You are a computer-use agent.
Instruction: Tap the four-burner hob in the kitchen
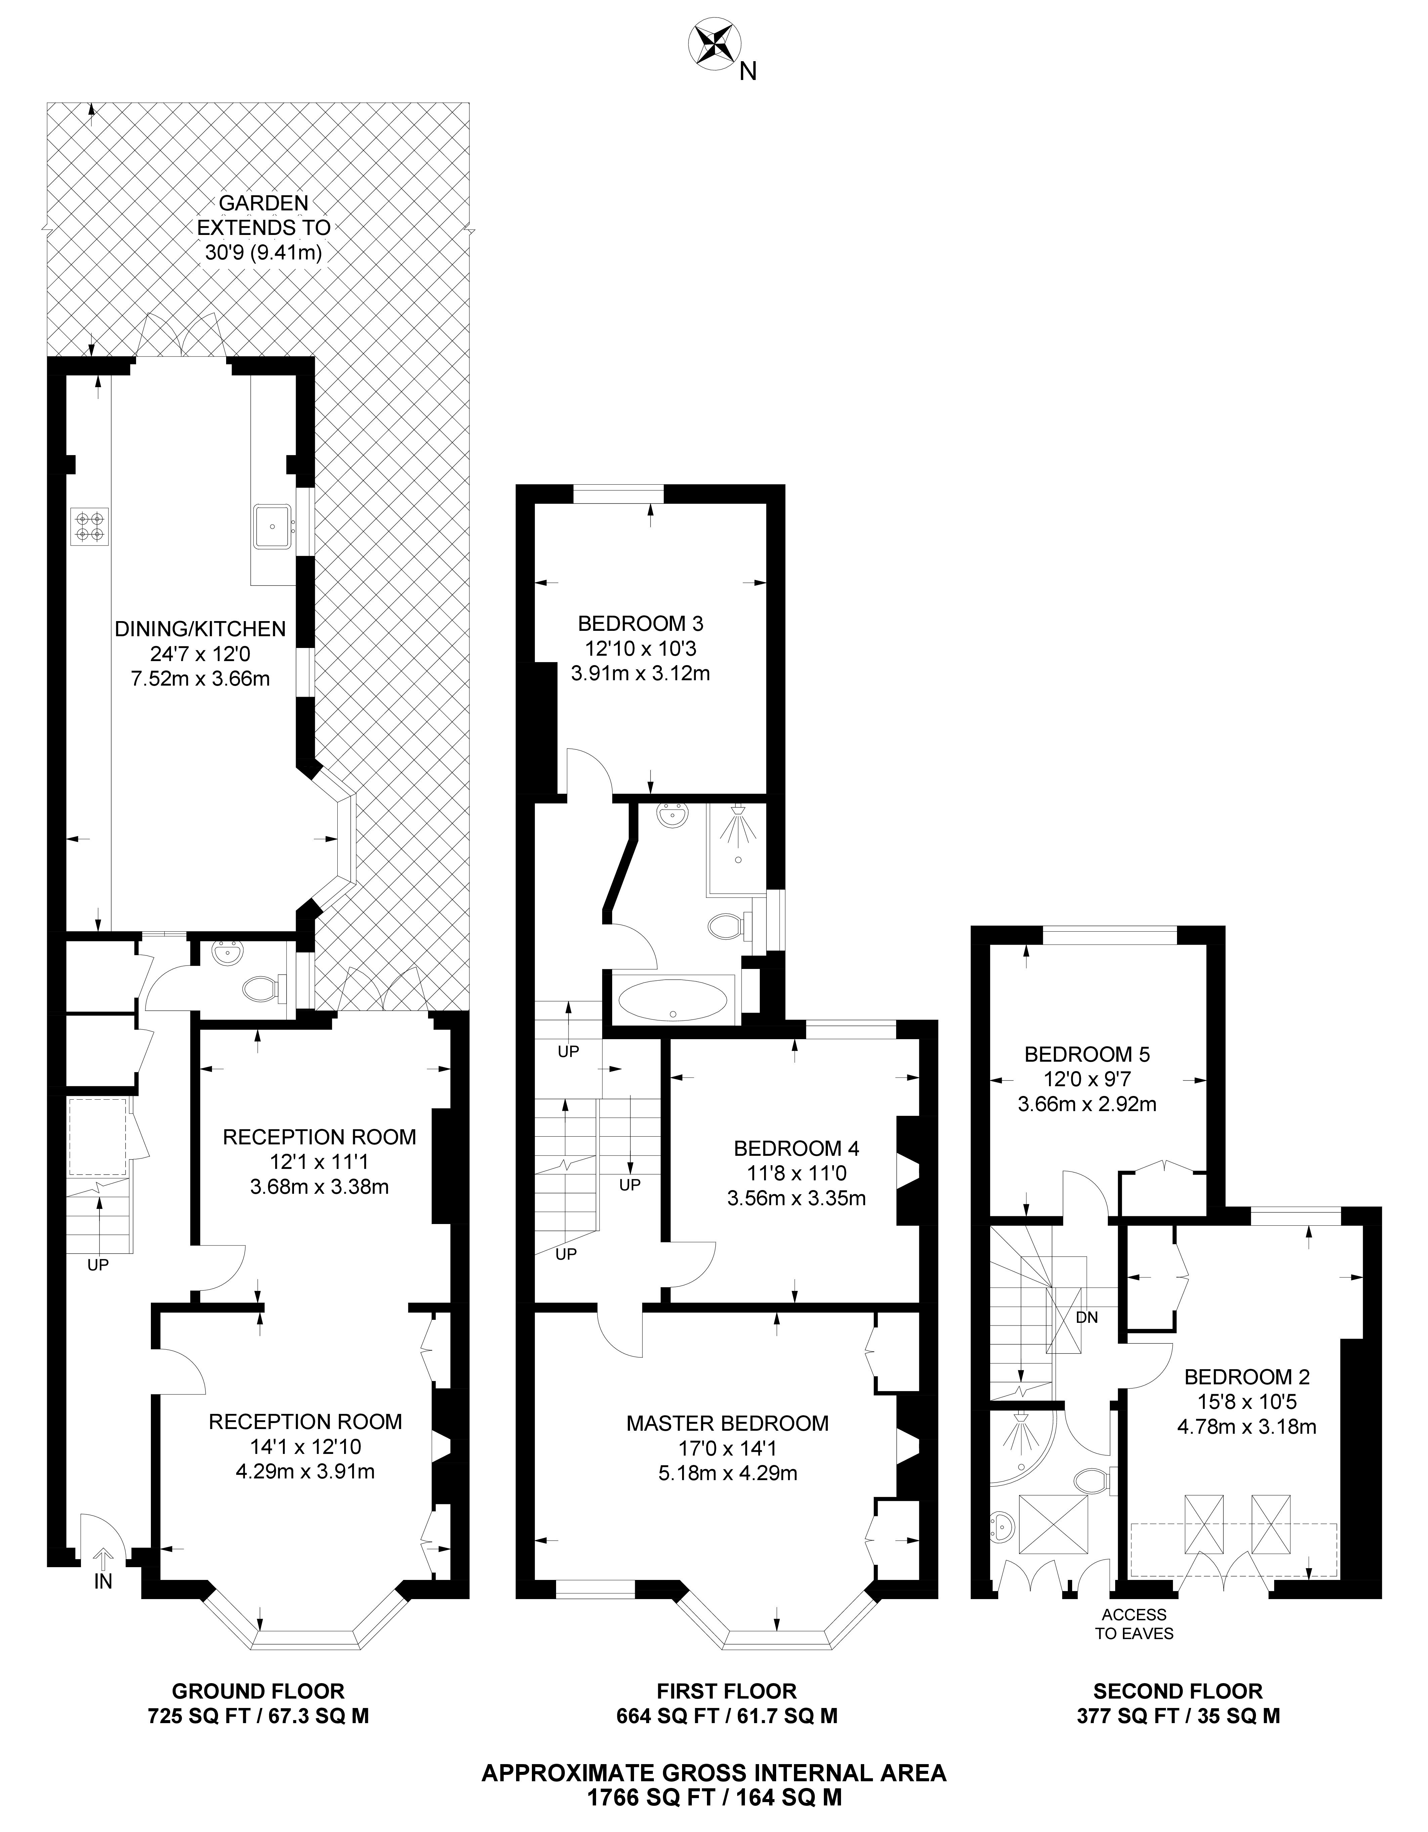pos(90,525)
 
